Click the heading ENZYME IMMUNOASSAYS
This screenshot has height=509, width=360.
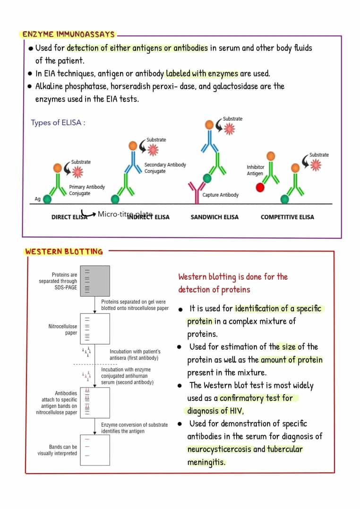[69, 35]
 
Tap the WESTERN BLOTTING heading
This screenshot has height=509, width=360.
[64, 251]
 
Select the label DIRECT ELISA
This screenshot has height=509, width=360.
[69, 217]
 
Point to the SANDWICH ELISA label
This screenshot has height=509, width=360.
[214, 217]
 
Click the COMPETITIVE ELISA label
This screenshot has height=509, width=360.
[287, 217]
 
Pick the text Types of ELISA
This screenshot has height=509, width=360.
[58, 123]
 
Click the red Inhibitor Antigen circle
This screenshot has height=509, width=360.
[260, 188]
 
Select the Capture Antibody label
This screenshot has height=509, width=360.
[220, 195]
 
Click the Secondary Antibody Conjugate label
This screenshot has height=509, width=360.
[165, 168]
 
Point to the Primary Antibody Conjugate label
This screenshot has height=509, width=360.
[87, 190]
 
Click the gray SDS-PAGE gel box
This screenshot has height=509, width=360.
[95, 281]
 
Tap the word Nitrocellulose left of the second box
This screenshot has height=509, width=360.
[62, 327]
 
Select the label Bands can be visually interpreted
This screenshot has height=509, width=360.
[58, 450]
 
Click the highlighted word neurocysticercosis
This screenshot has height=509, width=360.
[219, 449]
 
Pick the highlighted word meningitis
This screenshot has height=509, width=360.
[206, 462]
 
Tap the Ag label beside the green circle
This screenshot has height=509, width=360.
[38, 199]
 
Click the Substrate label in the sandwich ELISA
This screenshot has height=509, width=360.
[233, 118]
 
